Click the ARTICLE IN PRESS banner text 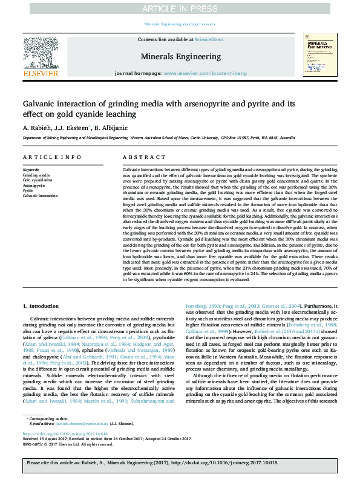coord(180,8)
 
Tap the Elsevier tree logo coord(41,51)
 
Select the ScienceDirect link coord(209,39)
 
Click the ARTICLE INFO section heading coord(52,157)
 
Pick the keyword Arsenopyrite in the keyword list coord(35,186)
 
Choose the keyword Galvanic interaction coord(41,196)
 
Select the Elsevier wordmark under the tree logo coord(41,73)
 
